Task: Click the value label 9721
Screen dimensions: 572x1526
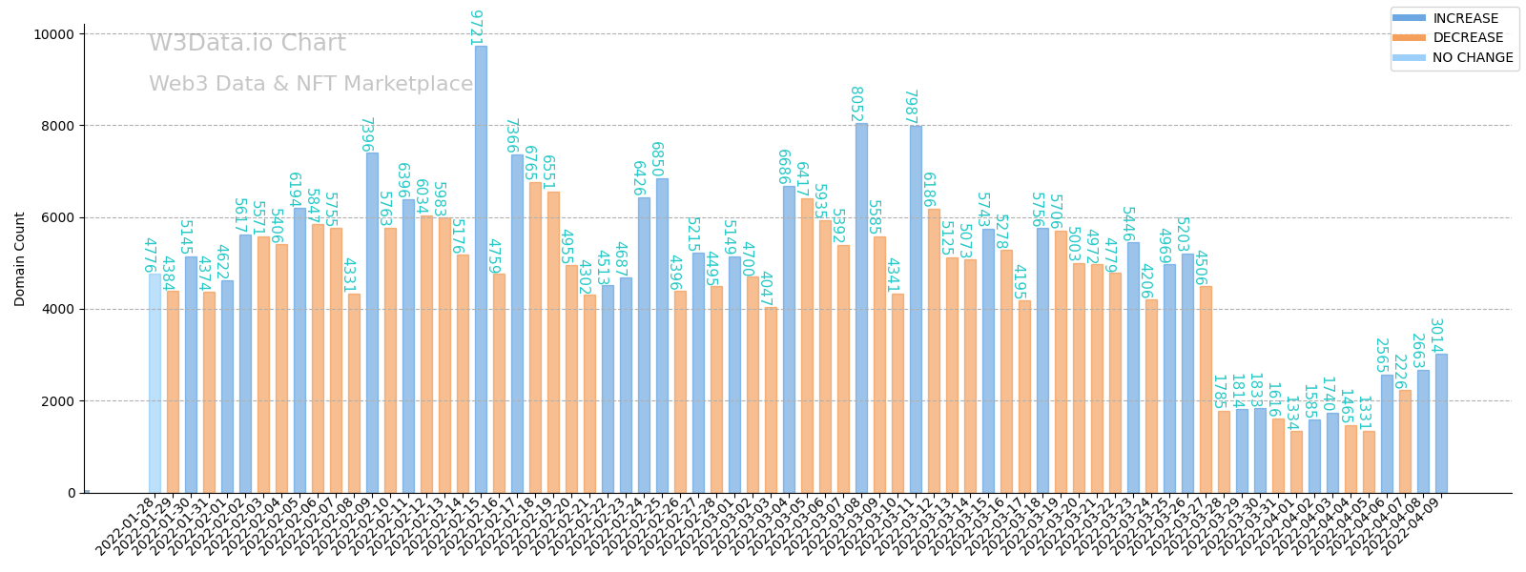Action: tap(475, 28)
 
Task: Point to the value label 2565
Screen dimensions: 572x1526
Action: tap(1380, 356)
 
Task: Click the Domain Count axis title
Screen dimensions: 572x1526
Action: tap(20, 259)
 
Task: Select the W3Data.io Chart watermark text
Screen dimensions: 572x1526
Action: tap(247, 44)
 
